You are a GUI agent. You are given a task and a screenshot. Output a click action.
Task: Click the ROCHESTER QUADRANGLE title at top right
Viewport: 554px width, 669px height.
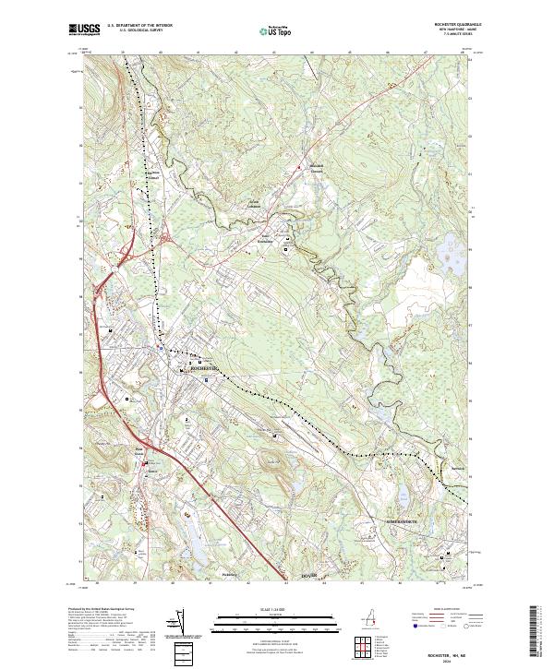[x=450, y=25]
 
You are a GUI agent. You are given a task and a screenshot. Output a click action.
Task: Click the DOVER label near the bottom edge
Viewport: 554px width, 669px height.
[x=311, y=575]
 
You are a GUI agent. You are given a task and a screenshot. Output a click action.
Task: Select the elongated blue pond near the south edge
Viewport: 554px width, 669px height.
[x=197, y=551]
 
